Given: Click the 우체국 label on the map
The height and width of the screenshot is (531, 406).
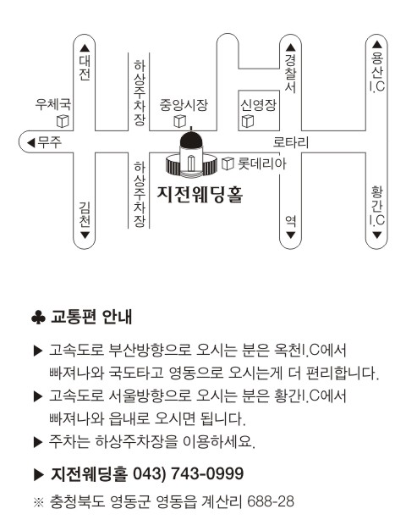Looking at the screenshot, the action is click(x=53, y=104).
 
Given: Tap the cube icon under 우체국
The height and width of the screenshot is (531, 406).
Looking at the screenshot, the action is click(x=63, y=121).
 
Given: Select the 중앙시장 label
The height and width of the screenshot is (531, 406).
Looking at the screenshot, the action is click(x=184, y=105).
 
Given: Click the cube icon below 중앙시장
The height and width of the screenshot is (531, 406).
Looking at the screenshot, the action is click(x=179, y=121).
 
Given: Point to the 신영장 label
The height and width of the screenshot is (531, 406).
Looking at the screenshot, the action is click(x=258, y=105).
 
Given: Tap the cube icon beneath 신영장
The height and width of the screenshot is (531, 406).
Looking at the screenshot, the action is click(x=248, y=121).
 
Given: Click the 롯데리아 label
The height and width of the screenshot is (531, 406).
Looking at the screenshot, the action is click(x=262, y=163).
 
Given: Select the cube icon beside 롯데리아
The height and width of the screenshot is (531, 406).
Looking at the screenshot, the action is click(x=228, y=163).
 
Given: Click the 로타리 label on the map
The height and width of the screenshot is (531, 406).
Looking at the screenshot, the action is click(x=291, y=142).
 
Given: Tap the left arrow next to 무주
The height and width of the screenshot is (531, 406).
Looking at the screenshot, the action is click(x=31, y=143).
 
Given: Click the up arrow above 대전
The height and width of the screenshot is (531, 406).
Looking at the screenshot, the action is click(x=85, y=48).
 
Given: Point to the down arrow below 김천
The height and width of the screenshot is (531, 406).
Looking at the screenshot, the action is click(x=85, y=235).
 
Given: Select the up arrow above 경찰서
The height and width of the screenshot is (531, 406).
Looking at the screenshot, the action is click(x=291, y=47).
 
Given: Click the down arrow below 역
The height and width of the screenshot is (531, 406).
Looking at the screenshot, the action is click(x=291, y=235).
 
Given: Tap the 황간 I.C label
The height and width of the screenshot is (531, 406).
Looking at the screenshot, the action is click(x=377, y=206).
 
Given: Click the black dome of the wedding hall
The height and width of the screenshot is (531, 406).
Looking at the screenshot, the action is click(x=191, y=139).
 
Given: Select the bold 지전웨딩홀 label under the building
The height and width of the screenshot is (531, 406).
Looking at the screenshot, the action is click(x=200, y=195).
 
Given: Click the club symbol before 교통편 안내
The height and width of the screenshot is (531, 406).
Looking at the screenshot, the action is click(x=38, y=318).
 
